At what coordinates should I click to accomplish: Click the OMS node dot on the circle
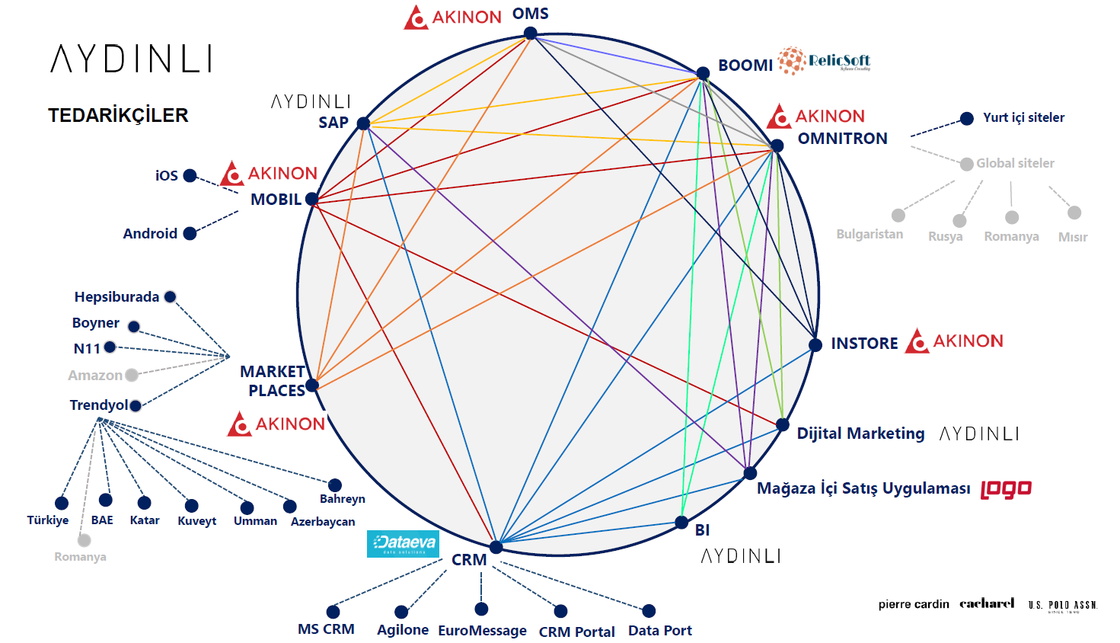pos(531,34)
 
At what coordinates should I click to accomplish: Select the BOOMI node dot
pos(703,73)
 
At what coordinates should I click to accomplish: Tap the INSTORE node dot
pos(815,345)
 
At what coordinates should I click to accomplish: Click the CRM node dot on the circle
pos(496,547)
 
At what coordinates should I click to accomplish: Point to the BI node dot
pos(681,522)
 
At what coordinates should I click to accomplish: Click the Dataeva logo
pos(403,543)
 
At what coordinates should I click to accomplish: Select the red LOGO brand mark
pos(1006,489)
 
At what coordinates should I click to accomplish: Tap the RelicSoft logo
pos(824,61)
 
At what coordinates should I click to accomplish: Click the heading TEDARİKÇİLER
pos(118,115)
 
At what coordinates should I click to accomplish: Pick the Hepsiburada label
pos(116,297)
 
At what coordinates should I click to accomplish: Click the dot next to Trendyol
pos(136,405)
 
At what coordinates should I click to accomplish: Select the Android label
pos(150,234)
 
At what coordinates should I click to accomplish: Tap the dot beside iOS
pos(190,175)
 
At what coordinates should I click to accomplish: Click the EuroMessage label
pos(482,631)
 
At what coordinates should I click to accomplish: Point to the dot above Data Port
pos(649,610)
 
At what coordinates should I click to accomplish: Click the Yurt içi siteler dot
pos(967,118)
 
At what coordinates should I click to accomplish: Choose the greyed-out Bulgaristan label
pos(870,235)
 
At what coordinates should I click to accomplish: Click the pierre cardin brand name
pos(914,604)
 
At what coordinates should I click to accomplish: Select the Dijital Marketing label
pos(860,433)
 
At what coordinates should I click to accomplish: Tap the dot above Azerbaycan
pos(289,506)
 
